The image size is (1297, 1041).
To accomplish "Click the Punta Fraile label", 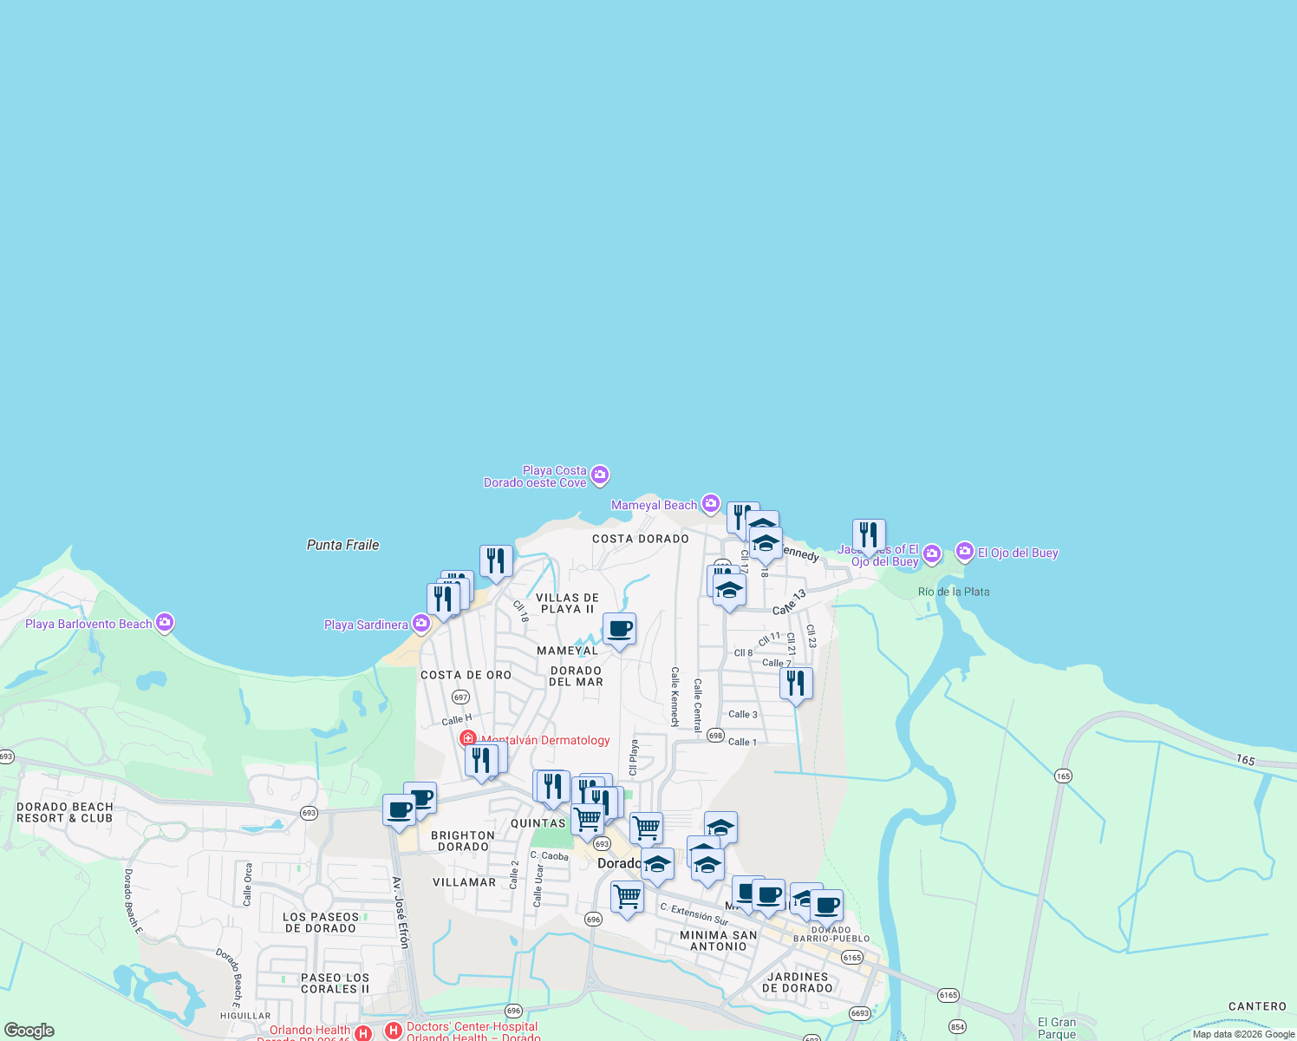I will point(342,545).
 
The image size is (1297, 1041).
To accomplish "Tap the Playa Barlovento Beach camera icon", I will point(165,623).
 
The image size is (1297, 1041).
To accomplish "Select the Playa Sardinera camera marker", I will point(421,624).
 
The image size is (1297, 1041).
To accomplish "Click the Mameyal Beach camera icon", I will point(711,504).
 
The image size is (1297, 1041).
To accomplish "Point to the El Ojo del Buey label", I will point(1018,553).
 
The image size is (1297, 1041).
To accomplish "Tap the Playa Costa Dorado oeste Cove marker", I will point(600,475).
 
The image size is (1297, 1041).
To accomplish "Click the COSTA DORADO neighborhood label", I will point(641,539).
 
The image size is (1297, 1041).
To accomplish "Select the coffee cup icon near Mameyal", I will point(619,629).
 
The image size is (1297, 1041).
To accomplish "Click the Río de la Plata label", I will point(954,592).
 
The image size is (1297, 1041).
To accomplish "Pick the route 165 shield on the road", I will point(1064,776).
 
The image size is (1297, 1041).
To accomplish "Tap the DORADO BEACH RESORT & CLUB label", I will point(65,813).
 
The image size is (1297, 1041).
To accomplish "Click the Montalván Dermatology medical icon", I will point(468,739).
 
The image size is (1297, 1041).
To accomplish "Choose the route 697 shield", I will point(460,697).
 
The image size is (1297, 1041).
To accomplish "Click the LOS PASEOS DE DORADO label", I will point(321,922).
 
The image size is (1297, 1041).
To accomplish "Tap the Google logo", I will point(29,1031).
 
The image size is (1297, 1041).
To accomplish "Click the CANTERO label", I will point(1257,1006).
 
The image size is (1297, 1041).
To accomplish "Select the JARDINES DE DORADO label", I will point(798,982).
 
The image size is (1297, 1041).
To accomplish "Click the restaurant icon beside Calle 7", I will point(795,684).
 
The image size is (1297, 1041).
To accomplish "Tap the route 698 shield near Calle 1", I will point(715,736).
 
